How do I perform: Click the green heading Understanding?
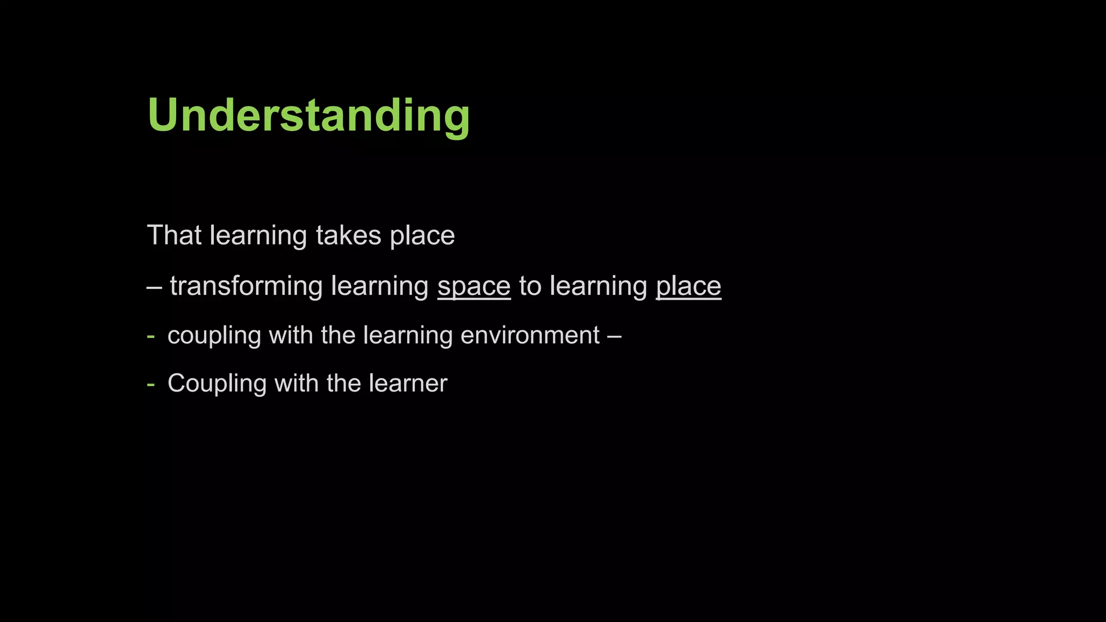pos(308,116)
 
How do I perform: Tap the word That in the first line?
pos(174,235)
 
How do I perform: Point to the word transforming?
pos(246,286)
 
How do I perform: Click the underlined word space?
pos(474,287)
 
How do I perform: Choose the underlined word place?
pos(689,287)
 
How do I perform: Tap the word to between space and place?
pos(530,286)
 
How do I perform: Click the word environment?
pos(530,335)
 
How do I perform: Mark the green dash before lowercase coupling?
pos(151,336)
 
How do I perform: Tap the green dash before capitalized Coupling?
pos(151,384)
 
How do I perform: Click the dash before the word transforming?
pos(154,287)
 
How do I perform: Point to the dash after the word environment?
pos(615,336)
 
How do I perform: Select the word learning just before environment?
pos(408,336)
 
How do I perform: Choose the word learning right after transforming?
pos(380,287)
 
